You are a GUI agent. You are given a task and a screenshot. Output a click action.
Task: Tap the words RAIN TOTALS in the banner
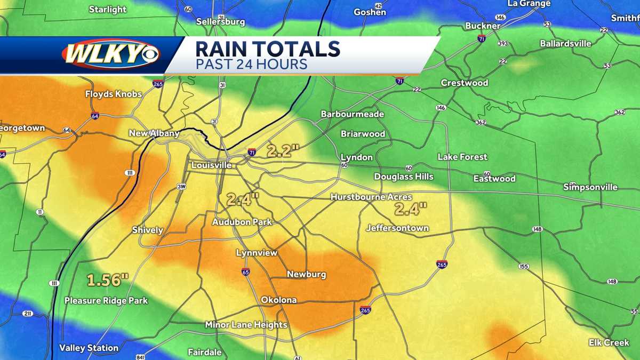coord(267,49)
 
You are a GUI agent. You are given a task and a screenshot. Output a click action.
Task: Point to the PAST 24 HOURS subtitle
coord(251,65)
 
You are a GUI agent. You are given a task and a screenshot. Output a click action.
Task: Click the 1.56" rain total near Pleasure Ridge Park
coord(108,279)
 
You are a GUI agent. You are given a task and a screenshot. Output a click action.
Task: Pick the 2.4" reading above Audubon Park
coord(243,199)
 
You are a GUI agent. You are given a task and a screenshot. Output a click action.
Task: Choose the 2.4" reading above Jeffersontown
coord(411,208)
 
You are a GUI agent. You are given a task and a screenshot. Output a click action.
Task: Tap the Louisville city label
coord(212,165)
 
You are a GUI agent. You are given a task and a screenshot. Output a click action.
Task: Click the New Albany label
coord(154,133)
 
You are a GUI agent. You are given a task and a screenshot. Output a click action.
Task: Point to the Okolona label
coord(278,300)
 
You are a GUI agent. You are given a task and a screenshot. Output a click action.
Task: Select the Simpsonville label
coord(590,187)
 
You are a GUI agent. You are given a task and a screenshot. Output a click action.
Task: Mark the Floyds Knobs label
coord(114,94)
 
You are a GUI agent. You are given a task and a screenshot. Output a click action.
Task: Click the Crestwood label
coord(465,83)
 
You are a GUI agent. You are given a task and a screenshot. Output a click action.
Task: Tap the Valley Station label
coord(89,348)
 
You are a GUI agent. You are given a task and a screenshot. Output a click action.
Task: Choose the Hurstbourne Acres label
coord(371,197)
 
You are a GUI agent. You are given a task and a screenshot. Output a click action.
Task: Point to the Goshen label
coord(370,12)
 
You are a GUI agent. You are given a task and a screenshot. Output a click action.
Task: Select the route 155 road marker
coord(524,266)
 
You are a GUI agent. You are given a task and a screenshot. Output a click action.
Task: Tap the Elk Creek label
coord(609,342)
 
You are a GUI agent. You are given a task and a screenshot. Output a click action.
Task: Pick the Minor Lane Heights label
coord(246,325)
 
